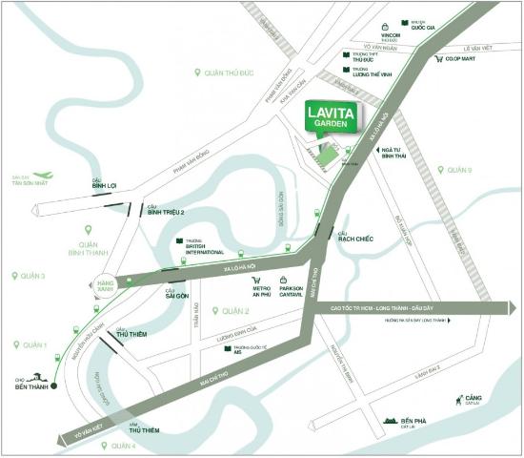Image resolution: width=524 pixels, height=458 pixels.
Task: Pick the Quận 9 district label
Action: (458, 170)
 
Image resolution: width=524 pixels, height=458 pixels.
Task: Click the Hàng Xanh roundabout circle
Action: (107, 284)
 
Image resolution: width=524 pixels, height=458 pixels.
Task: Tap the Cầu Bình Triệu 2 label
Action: (166, 212)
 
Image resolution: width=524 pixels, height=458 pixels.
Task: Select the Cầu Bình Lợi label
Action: (104, 185)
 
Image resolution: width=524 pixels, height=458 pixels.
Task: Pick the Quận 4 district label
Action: (122, 446)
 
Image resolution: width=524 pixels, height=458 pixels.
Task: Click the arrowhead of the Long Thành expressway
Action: (511, 308)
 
